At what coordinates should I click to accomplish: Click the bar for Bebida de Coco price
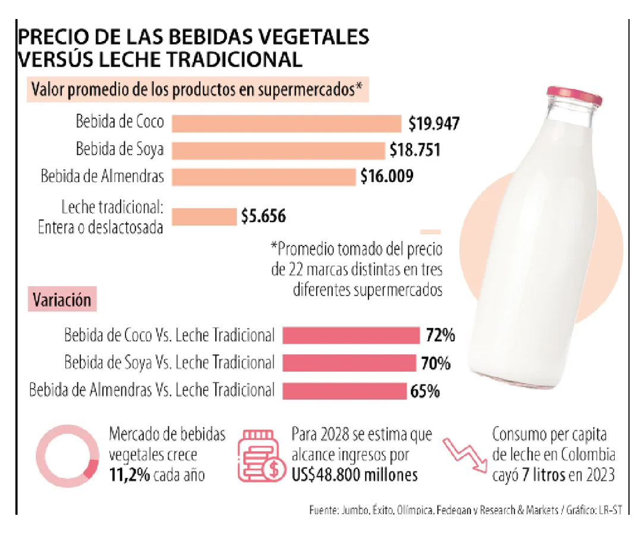(x=286, y=124)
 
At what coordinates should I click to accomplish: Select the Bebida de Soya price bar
(x=278, y=150)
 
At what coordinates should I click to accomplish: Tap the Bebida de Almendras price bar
(x=264, y=177)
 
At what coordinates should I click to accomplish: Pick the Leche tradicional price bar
(x=204, y=216)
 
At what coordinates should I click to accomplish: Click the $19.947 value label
(x=434, y=123)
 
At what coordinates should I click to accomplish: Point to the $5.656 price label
(x=263, y=216)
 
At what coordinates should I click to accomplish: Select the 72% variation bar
(x=351, y=335)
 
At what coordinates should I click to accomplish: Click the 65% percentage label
(x=425, y=392)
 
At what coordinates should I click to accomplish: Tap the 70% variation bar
(x=350, y=363)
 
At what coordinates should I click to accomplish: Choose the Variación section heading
(x=62, y=300)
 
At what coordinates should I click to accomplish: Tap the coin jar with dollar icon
(x=262, y=455)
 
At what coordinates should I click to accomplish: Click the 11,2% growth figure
(x=130, y=475)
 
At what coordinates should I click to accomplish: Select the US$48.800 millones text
(x=354, y=475)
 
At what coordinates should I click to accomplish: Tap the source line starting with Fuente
(x=465, y=510)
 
